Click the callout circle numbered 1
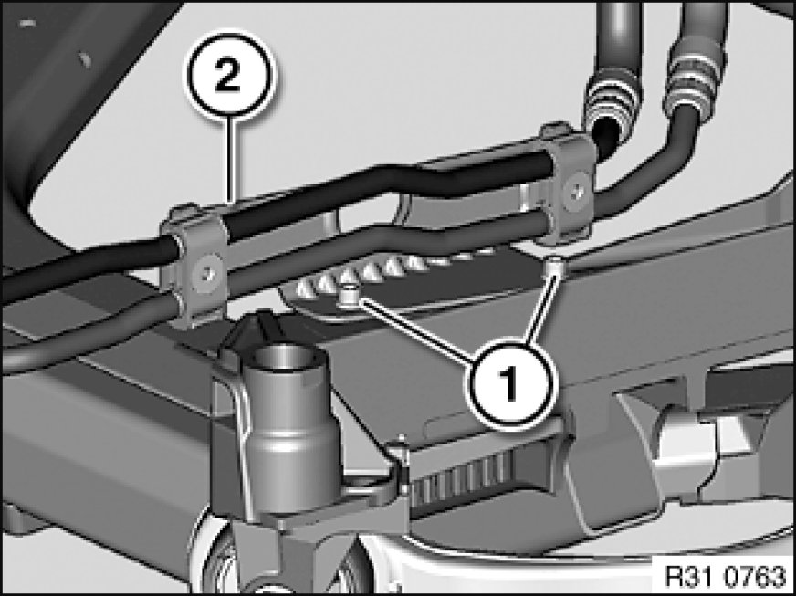tap(509, 382)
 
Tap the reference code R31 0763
tap(725, 576)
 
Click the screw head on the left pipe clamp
tap(207, 272)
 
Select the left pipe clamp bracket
tap(194, 265)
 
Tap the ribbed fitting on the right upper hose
tap(696, 75)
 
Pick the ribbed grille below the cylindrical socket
tap(458, 480)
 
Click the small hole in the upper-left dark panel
tap(85, 60)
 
